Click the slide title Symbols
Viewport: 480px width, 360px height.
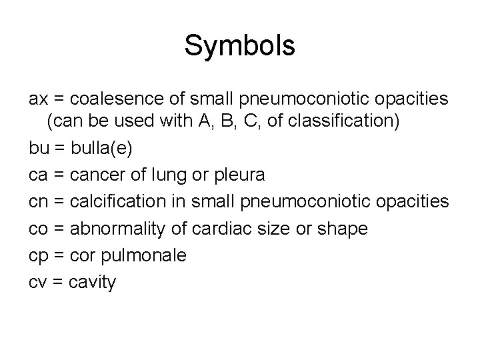[x=239, y=46]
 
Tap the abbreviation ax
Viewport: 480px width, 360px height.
[x=39, y=100]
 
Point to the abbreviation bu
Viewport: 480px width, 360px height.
[x=39, y=148]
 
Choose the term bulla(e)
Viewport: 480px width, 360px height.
[x=103, y=149]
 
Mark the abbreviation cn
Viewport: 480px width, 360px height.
[x=39, y=202]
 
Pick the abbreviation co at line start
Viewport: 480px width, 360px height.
[x=39, y=229]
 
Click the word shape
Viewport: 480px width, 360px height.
[x=343, y=229]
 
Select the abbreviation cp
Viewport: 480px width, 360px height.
[x=39, y=256]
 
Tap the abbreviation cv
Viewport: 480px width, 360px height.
[x=38, y=283]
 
